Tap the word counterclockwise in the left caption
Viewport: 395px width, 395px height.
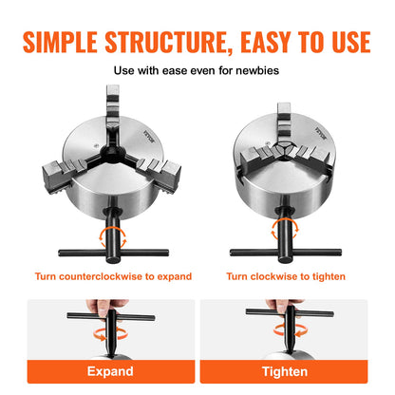pyautogui.click(x=108, y=276)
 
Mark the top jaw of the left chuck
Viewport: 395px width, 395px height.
pyautogui.click(x=113, y=105)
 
